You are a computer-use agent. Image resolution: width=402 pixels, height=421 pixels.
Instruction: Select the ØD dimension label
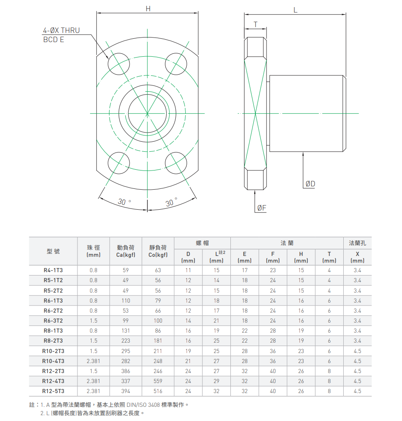[310, 184]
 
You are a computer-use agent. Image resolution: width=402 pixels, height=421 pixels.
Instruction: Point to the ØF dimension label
[262, 208]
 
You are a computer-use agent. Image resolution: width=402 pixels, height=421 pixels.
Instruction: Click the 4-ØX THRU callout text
[62, 30]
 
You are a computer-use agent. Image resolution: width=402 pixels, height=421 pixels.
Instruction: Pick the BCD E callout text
[54, 40]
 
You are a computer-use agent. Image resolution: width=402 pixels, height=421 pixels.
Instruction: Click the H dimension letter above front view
[148, 9]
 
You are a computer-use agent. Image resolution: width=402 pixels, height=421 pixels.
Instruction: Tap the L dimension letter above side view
[295, 10]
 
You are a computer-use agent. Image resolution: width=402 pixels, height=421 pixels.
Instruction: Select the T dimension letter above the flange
[255, 25]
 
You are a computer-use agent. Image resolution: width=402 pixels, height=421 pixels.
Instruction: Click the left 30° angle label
[124, 201]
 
